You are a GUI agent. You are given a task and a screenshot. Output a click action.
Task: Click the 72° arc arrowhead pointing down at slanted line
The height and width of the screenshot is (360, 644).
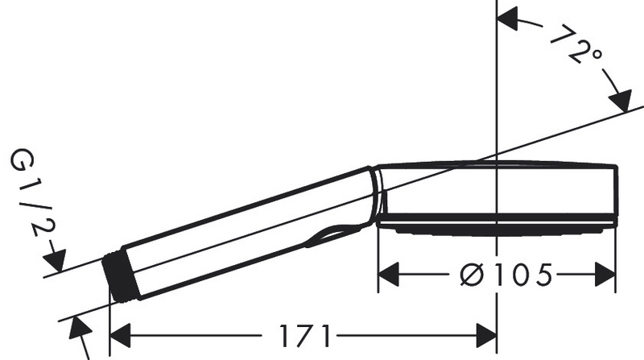[x=619, y=104]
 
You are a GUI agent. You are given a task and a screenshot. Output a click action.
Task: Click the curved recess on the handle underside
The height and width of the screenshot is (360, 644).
[x=334, y=234]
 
